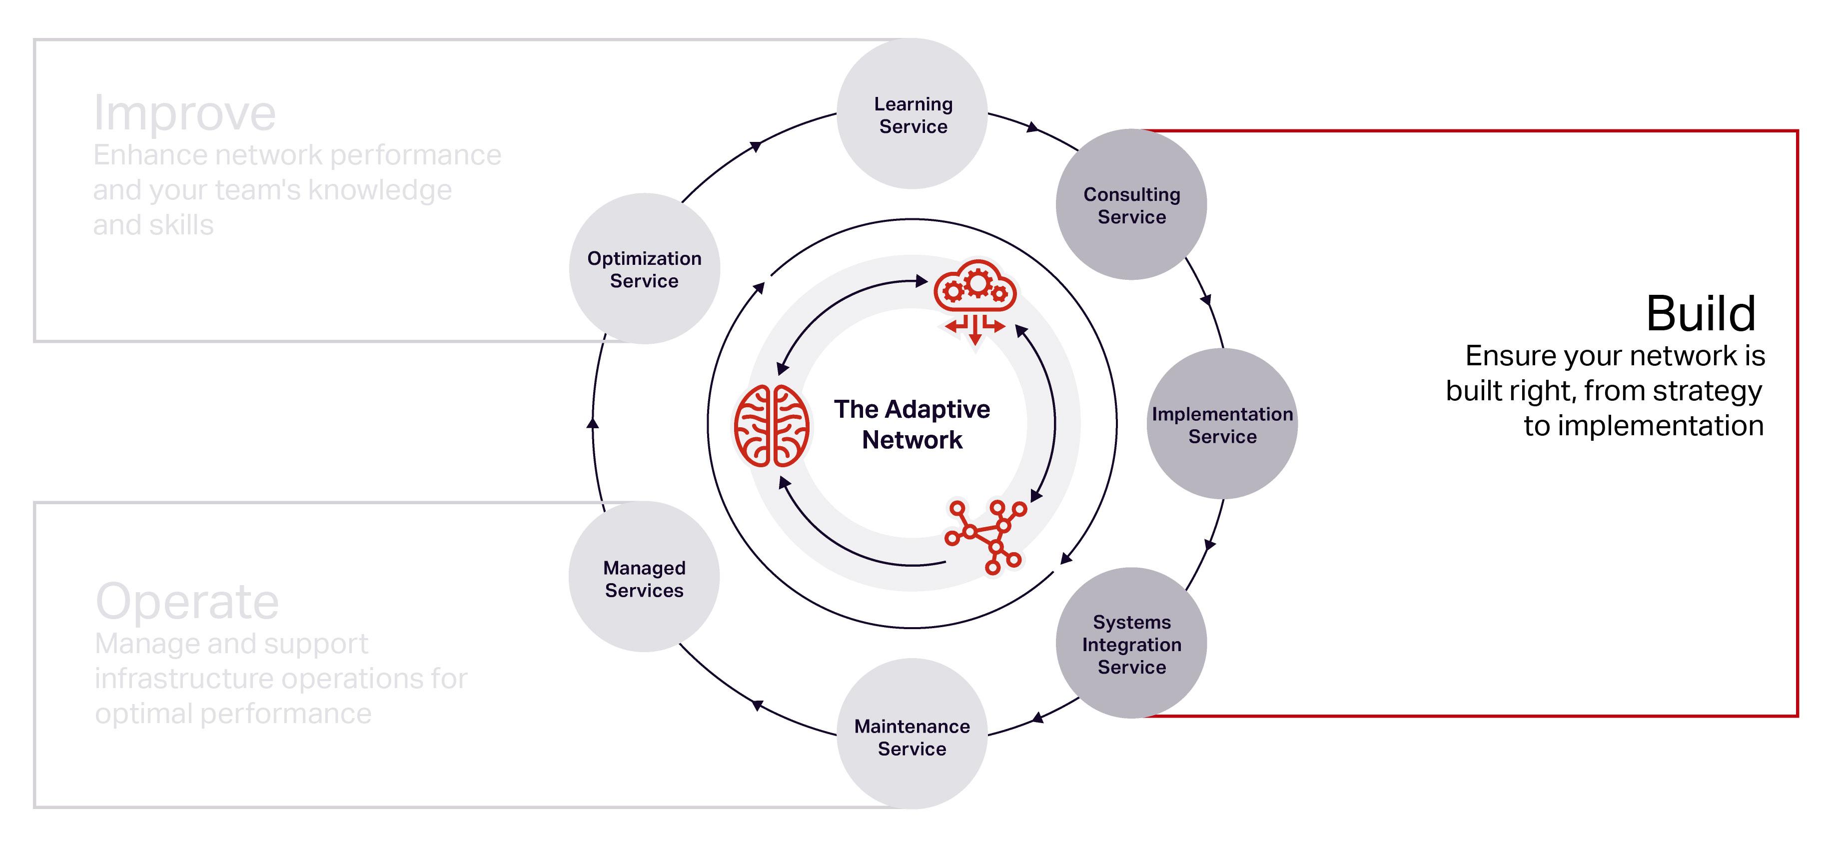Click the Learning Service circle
coord(912,114)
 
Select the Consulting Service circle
coord(1131,205)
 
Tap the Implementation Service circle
coord(1222,424)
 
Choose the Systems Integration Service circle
coord(1131,643)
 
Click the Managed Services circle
coord(644,578)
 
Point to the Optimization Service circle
coord(644,269)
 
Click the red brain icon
coord(771,425)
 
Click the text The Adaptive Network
coord(912,424)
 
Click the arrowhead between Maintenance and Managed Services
coord(757,705)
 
